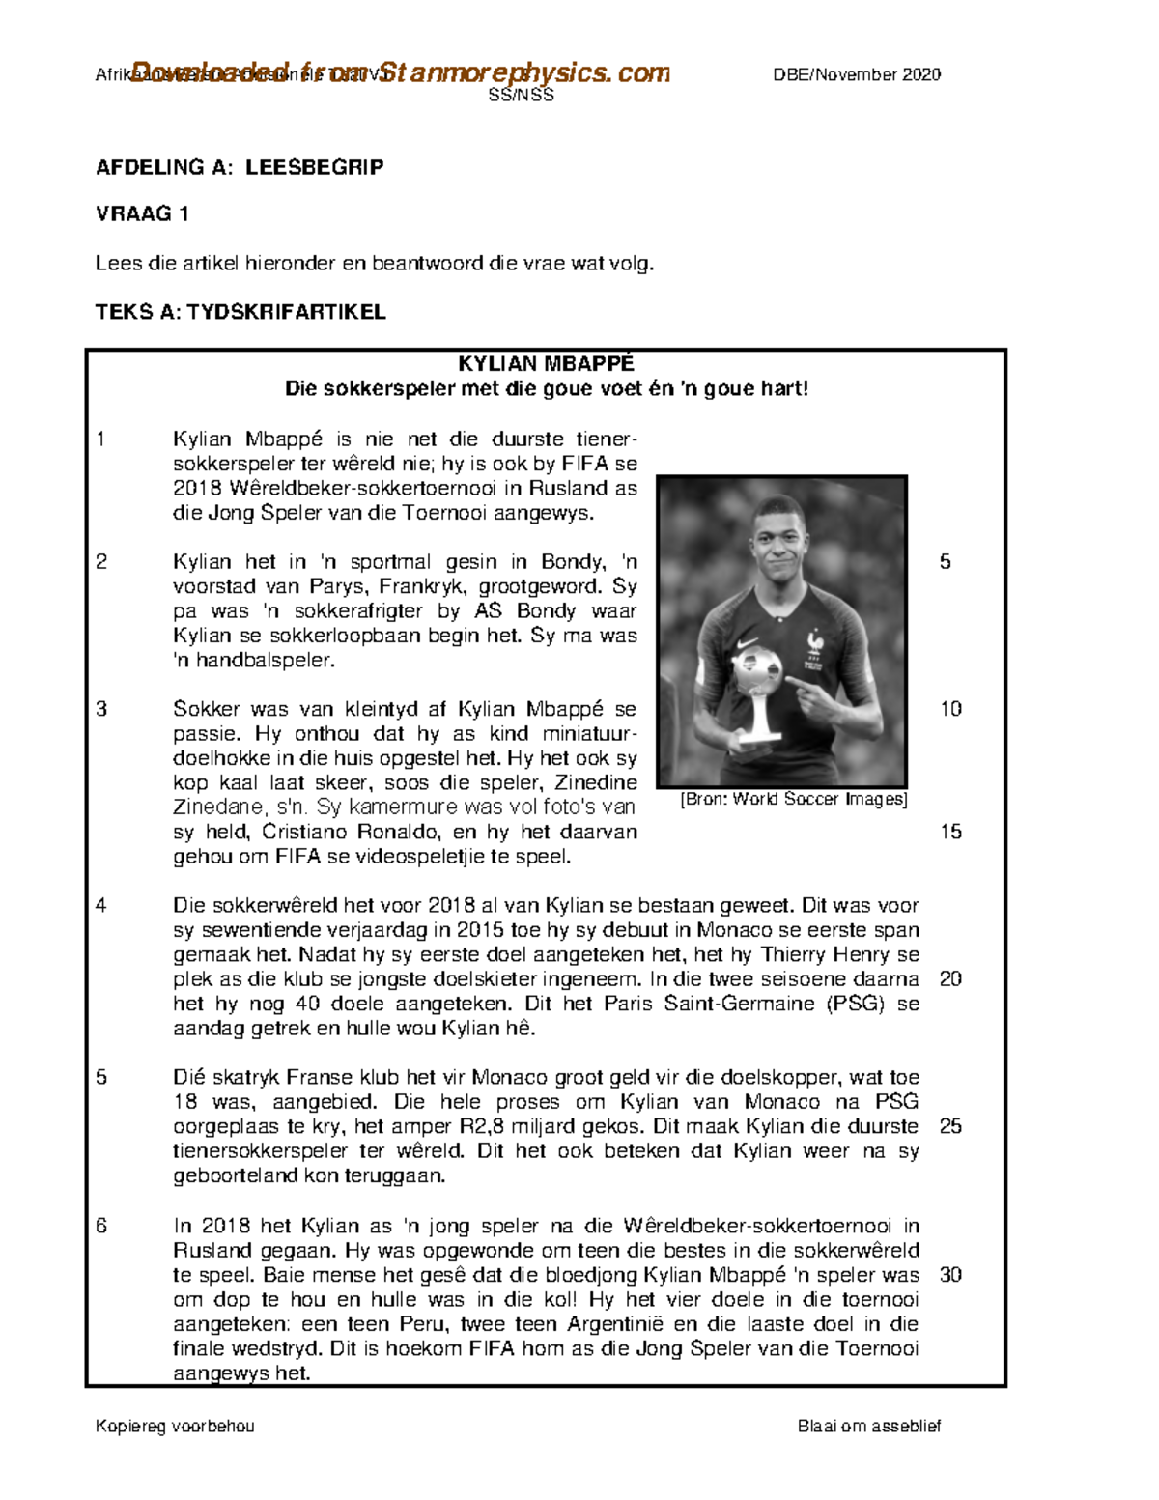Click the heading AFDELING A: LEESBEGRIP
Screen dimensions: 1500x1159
tap(239, 167)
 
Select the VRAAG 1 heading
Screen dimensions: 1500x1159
tap(142, 214)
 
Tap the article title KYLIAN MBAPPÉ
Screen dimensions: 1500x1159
tap(546, 364)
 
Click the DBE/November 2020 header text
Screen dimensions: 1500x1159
tap(856, 75)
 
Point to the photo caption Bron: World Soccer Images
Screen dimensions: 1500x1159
tap(793, 799)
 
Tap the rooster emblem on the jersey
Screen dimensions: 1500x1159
tap(816, 642)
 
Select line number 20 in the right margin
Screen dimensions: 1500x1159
tap(950, 978)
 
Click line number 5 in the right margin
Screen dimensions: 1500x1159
tap(946, 561)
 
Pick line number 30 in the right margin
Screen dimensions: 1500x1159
tap(950, 1274)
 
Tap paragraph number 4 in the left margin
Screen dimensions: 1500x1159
tap(101, 905)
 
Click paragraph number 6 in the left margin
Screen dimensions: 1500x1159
tap(101, 1226)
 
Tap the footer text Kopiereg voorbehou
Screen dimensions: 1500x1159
tap(175, 1427)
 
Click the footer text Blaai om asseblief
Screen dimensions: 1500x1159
tap(868, 1427)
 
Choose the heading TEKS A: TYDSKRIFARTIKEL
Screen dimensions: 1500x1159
tap(240, 312)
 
